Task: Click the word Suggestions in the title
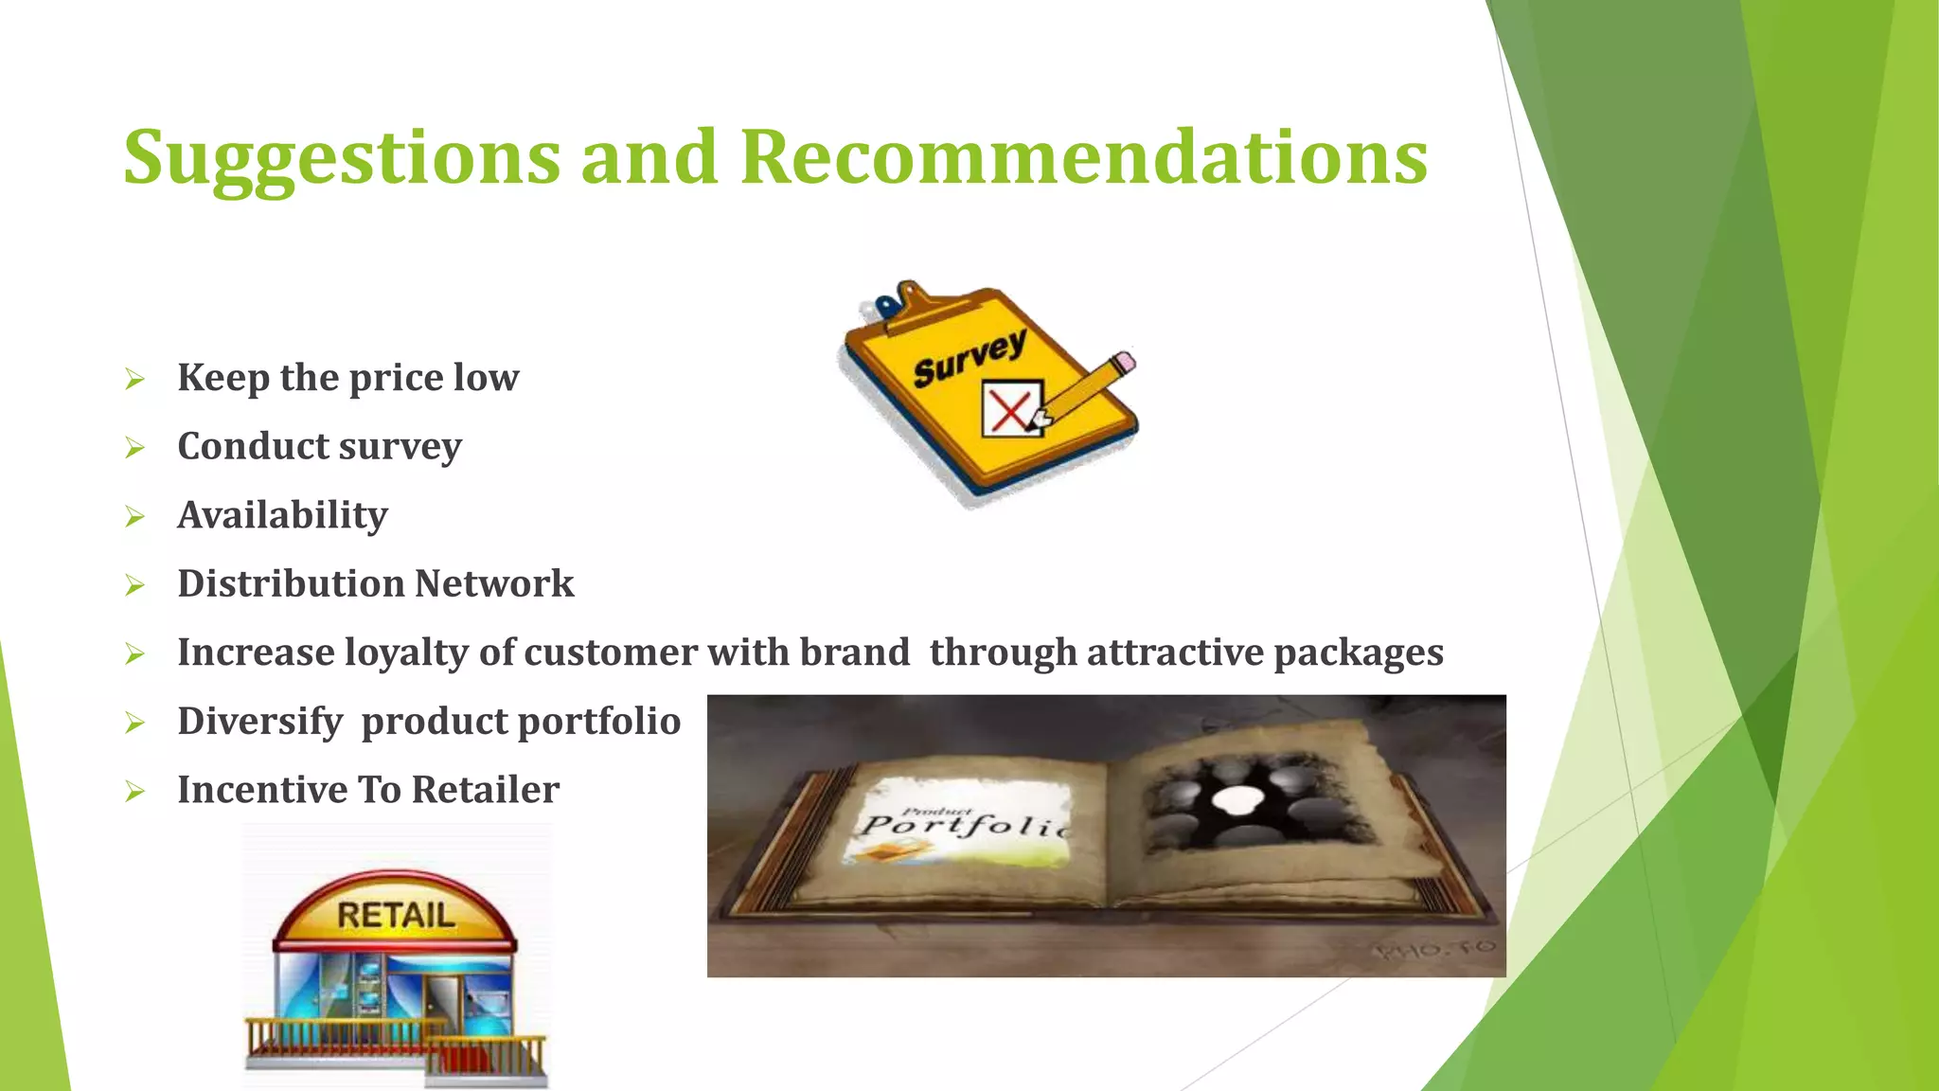[x=342, y=158]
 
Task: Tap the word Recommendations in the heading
[x=1083, y=156]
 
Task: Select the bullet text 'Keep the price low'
[x=347, y=378]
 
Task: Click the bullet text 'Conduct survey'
[x=319, y=447]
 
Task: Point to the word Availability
[x=282, y=515]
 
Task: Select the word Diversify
[x=259, y=722]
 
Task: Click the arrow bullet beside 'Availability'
[x=135, y=517]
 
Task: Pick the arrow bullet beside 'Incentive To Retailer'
[x=135, y=792]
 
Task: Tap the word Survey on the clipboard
[x=969, y=359]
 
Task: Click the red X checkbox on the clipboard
[x=1011, y=409]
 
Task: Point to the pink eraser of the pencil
[x=1123, y=363]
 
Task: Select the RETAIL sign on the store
[x=396, y=916]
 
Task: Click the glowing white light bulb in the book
[x=1233, y=799]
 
